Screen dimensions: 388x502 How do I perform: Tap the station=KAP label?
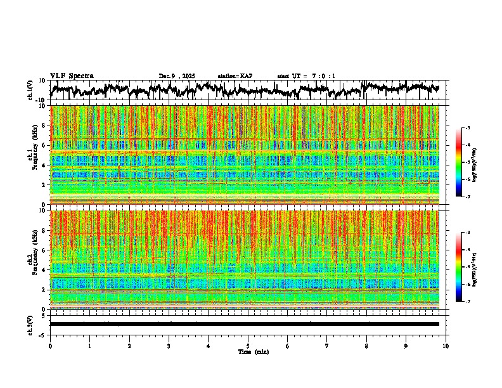tap(235, 76)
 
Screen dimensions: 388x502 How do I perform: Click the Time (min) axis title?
tap(253, 351)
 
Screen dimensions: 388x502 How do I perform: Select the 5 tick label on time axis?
tap(248, 346)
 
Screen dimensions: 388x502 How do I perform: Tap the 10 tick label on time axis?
tap(446, 346)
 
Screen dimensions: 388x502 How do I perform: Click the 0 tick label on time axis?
tap(50, 346)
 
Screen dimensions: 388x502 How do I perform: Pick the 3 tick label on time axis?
tap(169, 346)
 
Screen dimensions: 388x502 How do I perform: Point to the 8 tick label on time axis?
tap(366, 346)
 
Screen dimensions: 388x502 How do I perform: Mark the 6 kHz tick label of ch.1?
tap(43, 145)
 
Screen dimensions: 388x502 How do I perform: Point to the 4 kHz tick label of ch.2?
tap(43, 269)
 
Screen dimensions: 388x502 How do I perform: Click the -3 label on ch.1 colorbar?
tap(467, 128)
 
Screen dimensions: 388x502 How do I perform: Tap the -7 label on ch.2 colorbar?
tap(467, 302)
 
